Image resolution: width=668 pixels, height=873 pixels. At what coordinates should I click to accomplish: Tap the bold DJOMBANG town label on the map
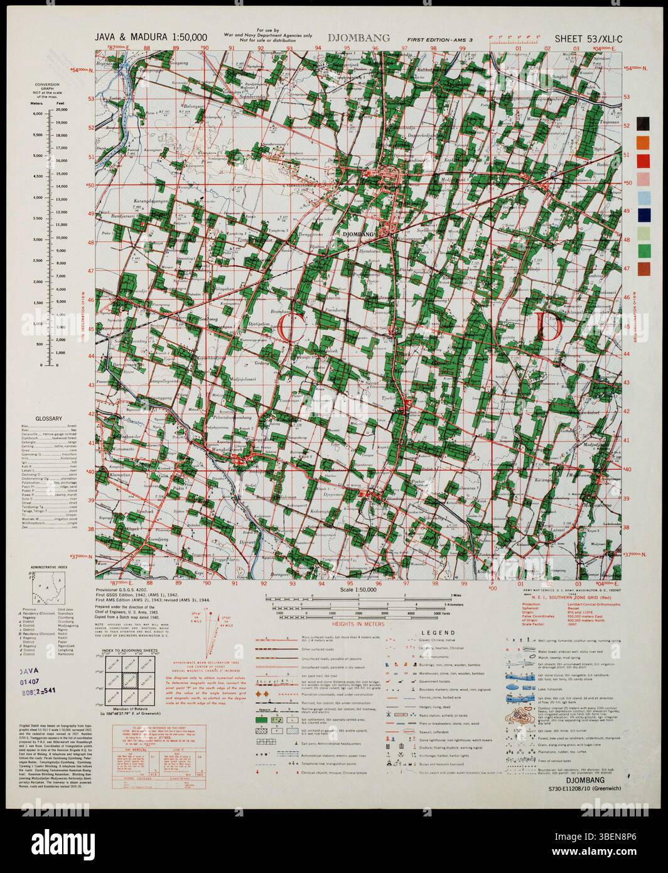click(356, 234)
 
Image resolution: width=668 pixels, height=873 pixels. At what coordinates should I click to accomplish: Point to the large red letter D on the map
click(548, 327)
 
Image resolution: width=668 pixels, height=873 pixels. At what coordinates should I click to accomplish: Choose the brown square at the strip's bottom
click(643, 269)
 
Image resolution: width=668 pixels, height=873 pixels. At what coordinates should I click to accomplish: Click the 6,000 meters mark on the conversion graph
click(38, 114)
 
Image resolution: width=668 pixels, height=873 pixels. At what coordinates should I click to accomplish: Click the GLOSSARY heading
click(48, 418)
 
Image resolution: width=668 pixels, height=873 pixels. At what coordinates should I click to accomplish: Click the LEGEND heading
click(438, 632)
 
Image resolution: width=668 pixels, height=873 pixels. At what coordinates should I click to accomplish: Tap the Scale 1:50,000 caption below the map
click(356, 590)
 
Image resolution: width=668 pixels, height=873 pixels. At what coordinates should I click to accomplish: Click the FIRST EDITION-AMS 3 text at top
click(439, 39)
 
